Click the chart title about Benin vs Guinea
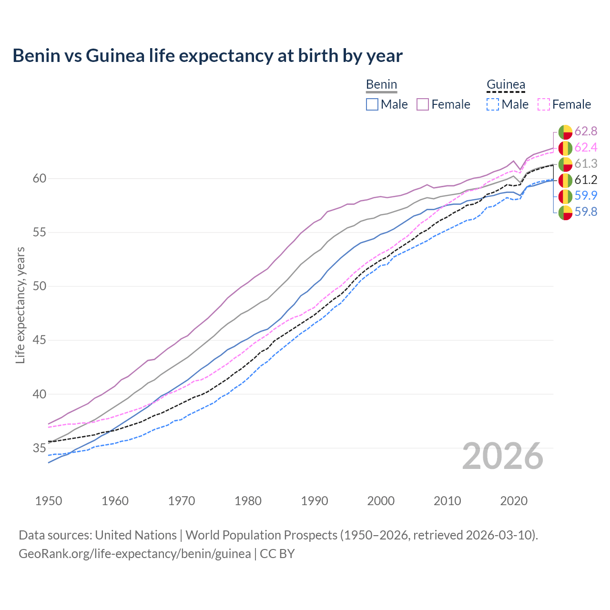point(207,56)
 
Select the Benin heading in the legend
point(381,85)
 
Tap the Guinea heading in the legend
point(506,85)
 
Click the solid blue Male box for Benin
point(372,104)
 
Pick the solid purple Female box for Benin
point(423,104)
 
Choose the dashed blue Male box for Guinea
point(493,104)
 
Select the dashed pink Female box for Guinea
point(544,104)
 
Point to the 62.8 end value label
point(586,132)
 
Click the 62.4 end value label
point(586,148)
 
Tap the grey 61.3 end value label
point(586,164)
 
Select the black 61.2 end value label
point(586,180)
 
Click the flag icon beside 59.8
point(565,213)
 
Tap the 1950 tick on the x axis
point(49,501)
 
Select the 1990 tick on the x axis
point(315,501)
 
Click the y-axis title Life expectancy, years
point(20,305)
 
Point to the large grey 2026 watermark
point(502,456)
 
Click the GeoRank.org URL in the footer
point(134,554)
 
